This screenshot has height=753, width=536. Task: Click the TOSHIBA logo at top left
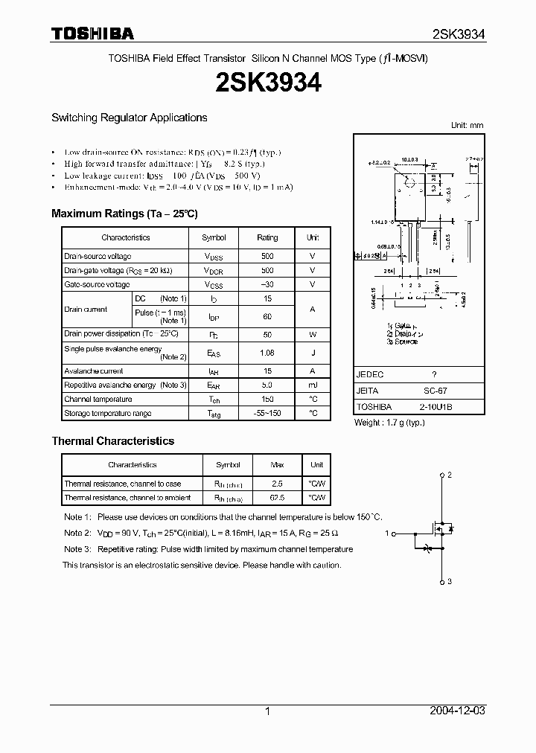pos(92,33)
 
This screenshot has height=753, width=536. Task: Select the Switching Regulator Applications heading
pos(129,118)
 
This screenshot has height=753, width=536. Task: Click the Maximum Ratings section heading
pos(124,214)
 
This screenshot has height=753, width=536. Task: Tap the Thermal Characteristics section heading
pos(112,441)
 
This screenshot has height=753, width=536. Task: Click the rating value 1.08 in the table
pos(267,353)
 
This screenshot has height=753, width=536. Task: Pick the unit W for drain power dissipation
pos(313,334)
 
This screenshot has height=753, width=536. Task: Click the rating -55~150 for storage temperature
pos(267,413)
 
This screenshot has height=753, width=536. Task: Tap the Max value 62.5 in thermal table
pos(277,498)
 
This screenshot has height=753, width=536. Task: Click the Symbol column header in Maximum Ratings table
pos(214,237)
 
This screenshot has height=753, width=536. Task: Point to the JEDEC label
pos(370,375)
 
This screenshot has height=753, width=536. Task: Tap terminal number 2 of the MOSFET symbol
pos(450,474)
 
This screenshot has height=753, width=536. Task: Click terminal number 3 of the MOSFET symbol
pos(450,581)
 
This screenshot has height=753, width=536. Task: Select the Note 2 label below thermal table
pos(77,533)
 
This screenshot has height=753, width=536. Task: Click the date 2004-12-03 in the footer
pos(458,711)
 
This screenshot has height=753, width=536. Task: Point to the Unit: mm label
pos(468,125)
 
